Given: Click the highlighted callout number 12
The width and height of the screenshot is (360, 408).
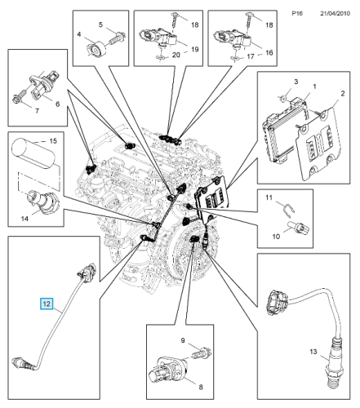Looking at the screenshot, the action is [x=47, y=304].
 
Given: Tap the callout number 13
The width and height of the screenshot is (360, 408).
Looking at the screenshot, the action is [x=313, y=352].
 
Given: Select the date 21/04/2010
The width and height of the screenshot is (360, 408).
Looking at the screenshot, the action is [x=335, y=13].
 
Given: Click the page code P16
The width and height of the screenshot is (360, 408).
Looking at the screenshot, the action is [x=297, y=13].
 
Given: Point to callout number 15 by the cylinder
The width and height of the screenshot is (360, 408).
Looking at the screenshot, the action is [x=53, y=141].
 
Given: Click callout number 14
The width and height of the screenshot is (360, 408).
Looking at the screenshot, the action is [x=24, y=219].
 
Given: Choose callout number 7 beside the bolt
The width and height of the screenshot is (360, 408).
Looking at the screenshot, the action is [x=37, y=111].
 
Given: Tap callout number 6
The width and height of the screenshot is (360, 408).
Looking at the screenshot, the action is [x=57, y=104].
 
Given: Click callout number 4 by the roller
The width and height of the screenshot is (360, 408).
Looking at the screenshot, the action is [x=79, y=34].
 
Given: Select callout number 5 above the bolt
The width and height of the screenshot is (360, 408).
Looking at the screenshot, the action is [x=100, y=24].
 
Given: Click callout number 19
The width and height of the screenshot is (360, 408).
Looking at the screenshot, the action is [x=195, y=49].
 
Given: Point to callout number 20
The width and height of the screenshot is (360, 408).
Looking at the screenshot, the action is [x=176, y=55].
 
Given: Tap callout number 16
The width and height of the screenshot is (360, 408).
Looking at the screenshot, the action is [x=269, y=53].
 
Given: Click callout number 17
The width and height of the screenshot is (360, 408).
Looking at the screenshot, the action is [x=251, y=56].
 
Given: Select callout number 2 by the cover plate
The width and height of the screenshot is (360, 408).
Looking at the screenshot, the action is [x=343, y=94].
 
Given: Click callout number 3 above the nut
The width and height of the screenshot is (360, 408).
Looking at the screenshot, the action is [x=296, y=82].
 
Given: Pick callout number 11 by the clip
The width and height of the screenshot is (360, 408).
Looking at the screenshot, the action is [x=269, y=197].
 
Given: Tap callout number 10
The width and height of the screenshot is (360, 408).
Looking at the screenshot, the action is [x=276, y=237].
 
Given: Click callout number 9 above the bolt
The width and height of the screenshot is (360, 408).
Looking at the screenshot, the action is [x=183, y=340].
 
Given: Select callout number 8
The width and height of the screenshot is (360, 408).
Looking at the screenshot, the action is [x=201, y=387].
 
